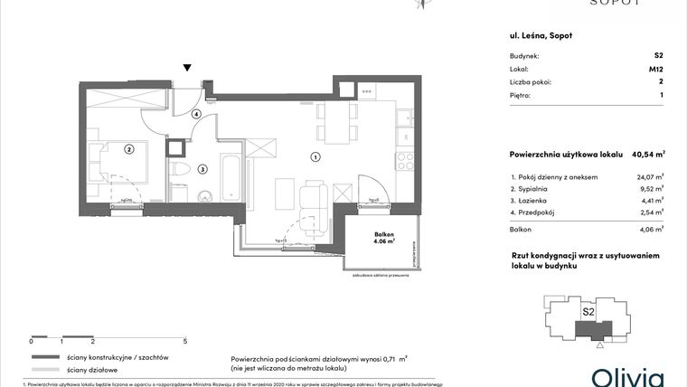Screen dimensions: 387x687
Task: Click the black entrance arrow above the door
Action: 187,68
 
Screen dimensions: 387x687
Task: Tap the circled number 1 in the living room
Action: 315,157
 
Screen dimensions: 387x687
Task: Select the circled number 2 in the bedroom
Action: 129,149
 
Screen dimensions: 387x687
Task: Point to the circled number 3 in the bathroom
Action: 202,168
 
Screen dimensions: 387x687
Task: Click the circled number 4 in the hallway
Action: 195,114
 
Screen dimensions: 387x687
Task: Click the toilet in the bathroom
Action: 179,169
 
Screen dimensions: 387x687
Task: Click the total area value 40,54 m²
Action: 648,155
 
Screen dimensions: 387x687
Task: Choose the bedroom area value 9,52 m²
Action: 650,189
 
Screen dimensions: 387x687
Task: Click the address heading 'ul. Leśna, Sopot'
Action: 541,35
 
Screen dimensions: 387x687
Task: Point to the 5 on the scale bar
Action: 184,342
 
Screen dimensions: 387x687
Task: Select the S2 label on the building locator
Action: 588,312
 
